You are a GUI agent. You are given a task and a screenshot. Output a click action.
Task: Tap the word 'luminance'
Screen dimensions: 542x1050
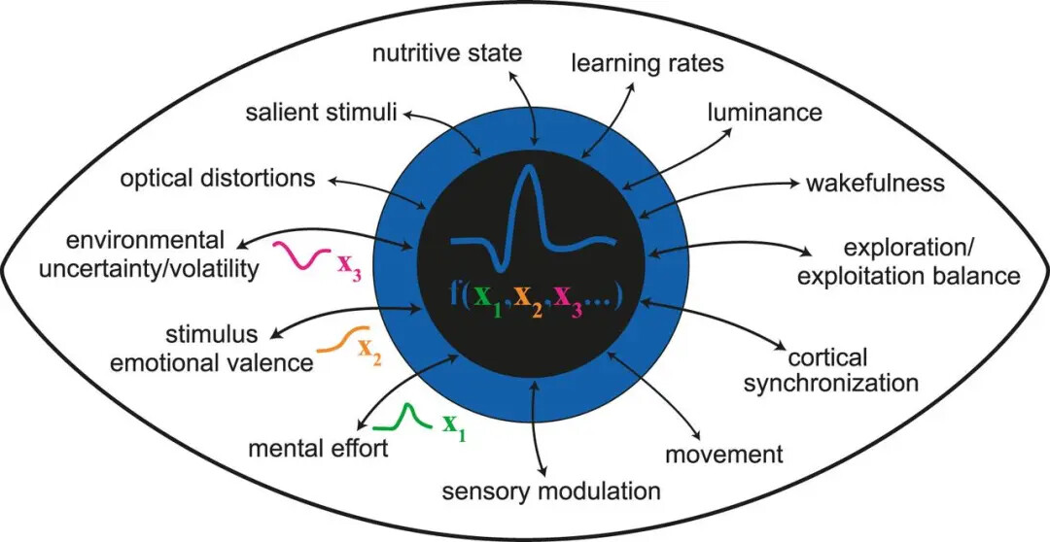tap(764, 112)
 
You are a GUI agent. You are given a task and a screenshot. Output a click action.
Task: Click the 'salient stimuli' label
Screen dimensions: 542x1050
tap(320, 114)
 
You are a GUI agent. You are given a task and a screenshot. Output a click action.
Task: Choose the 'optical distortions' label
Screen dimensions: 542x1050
tap(218, 179)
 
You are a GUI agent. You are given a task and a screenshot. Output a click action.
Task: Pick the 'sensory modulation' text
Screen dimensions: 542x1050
tap(551, 491)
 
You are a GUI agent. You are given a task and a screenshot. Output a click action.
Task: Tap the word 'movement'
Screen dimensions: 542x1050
tap(724, 454)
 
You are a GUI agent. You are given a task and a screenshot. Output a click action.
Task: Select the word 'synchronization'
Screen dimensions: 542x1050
tap(830, 382)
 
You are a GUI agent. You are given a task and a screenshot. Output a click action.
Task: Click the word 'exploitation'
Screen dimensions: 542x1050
tap(873, 277)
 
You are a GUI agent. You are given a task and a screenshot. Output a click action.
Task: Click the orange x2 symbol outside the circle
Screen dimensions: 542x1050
tap(368, 350)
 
